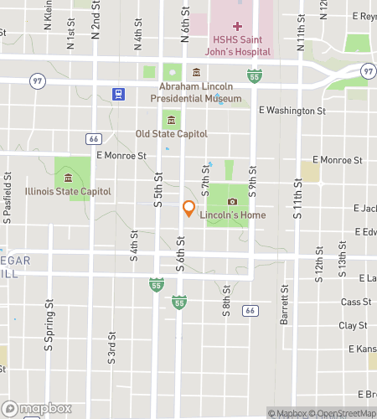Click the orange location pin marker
[x=188, y=209]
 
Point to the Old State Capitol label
[x=172, y=133]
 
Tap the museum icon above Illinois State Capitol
[x=67, y=178]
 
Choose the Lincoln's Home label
[x=233, y=215]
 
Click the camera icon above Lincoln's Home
[x=232, y=201]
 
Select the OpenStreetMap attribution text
[x=343, y=413]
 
